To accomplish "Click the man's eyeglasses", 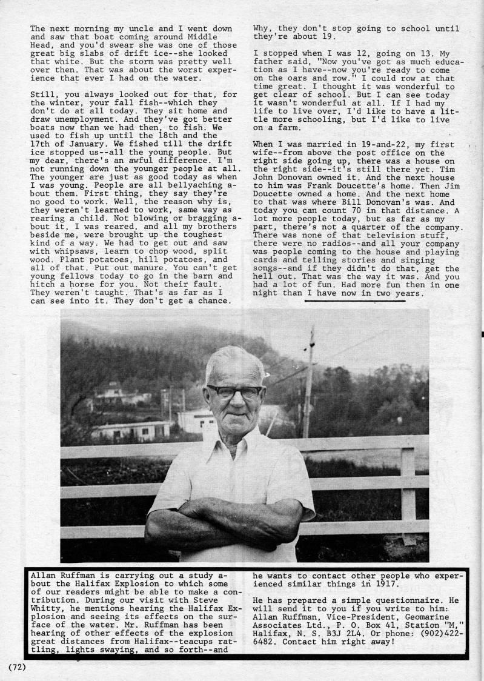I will pyautogui.click(x=234, y=391).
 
